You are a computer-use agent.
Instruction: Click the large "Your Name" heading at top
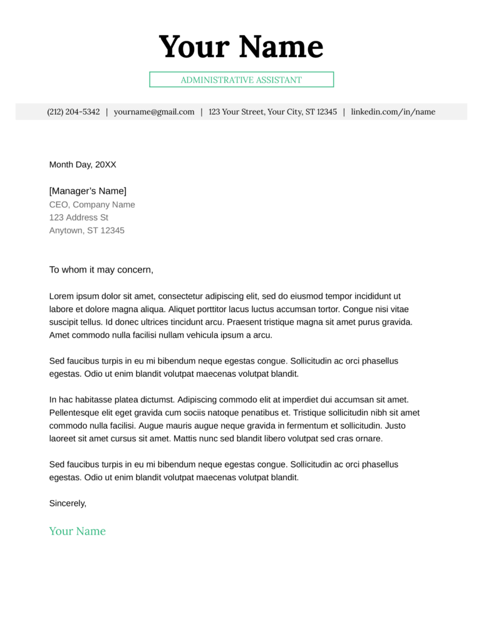[240, 47]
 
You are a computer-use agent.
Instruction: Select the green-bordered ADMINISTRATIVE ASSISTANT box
[241, 80]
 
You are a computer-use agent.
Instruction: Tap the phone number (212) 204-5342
[73, 112]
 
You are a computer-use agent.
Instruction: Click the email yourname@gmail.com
[154, 112]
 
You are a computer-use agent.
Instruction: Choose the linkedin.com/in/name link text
[393, 112]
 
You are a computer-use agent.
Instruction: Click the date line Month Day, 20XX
[83, 165]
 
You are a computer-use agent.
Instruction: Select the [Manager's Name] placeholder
[88, 191]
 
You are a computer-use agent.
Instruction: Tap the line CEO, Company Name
[92, 204]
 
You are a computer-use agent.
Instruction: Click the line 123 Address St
[79, 217]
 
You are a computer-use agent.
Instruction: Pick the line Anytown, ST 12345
[87, 231]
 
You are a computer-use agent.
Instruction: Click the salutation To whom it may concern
[101, 270]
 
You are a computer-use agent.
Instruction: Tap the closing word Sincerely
[68, 503]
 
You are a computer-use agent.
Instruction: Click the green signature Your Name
[78, 531]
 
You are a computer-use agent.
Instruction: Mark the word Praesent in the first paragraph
[244, 322]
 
